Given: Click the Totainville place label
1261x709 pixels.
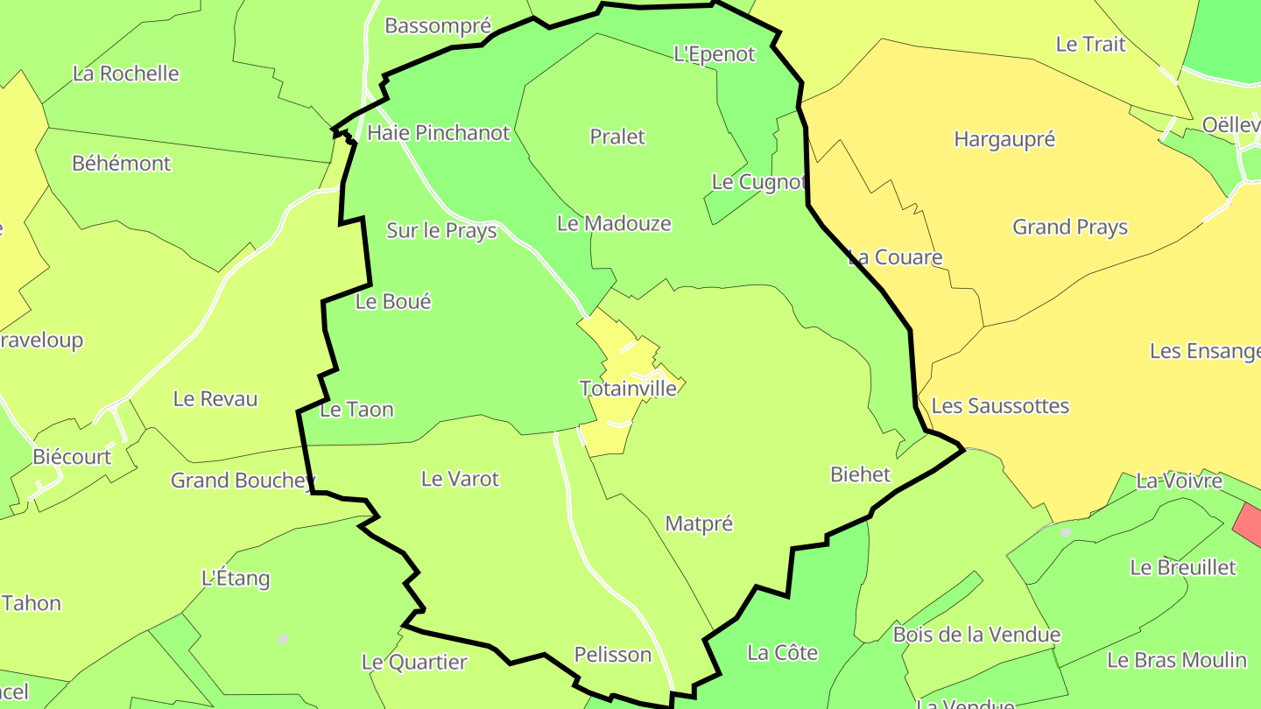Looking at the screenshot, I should (x=628, y=388).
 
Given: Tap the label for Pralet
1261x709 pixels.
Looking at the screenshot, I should (x=617, y=137).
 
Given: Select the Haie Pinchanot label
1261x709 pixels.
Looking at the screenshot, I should (x=438, y=132).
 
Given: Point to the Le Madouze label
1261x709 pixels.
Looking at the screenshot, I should (x=614, y=223).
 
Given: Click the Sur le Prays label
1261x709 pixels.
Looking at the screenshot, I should (x=441, y=230).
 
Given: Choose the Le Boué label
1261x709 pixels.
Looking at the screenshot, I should (x=393, y=301).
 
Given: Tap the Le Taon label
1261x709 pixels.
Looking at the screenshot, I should (x=356, y=409).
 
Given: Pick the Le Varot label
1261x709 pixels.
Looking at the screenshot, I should (x=460, y=479).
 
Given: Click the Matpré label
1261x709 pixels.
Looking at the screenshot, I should (x=699, y=523).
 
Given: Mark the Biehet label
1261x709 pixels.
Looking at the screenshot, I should (x=860, y=474).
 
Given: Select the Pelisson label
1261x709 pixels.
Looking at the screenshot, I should (x=613, y=654).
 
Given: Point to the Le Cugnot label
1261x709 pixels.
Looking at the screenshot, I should (x=757, y=182).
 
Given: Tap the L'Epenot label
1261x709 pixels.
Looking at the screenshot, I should (x=714, y=54).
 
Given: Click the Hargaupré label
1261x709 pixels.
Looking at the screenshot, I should (x=1004, y=139).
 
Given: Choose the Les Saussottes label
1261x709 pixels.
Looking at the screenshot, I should (x=1000, y=405).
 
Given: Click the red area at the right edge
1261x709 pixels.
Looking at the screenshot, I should (x=1249, y=525).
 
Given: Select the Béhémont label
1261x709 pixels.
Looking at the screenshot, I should (x=122, y=163).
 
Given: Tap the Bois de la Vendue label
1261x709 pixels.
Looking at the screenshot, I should (x=976, y=635).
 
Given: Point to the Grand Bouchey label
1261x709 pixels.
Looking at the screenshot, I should (x=242, y=480).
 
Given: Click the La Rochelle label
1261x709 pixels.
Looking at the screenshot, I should (x=126, y=74).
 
